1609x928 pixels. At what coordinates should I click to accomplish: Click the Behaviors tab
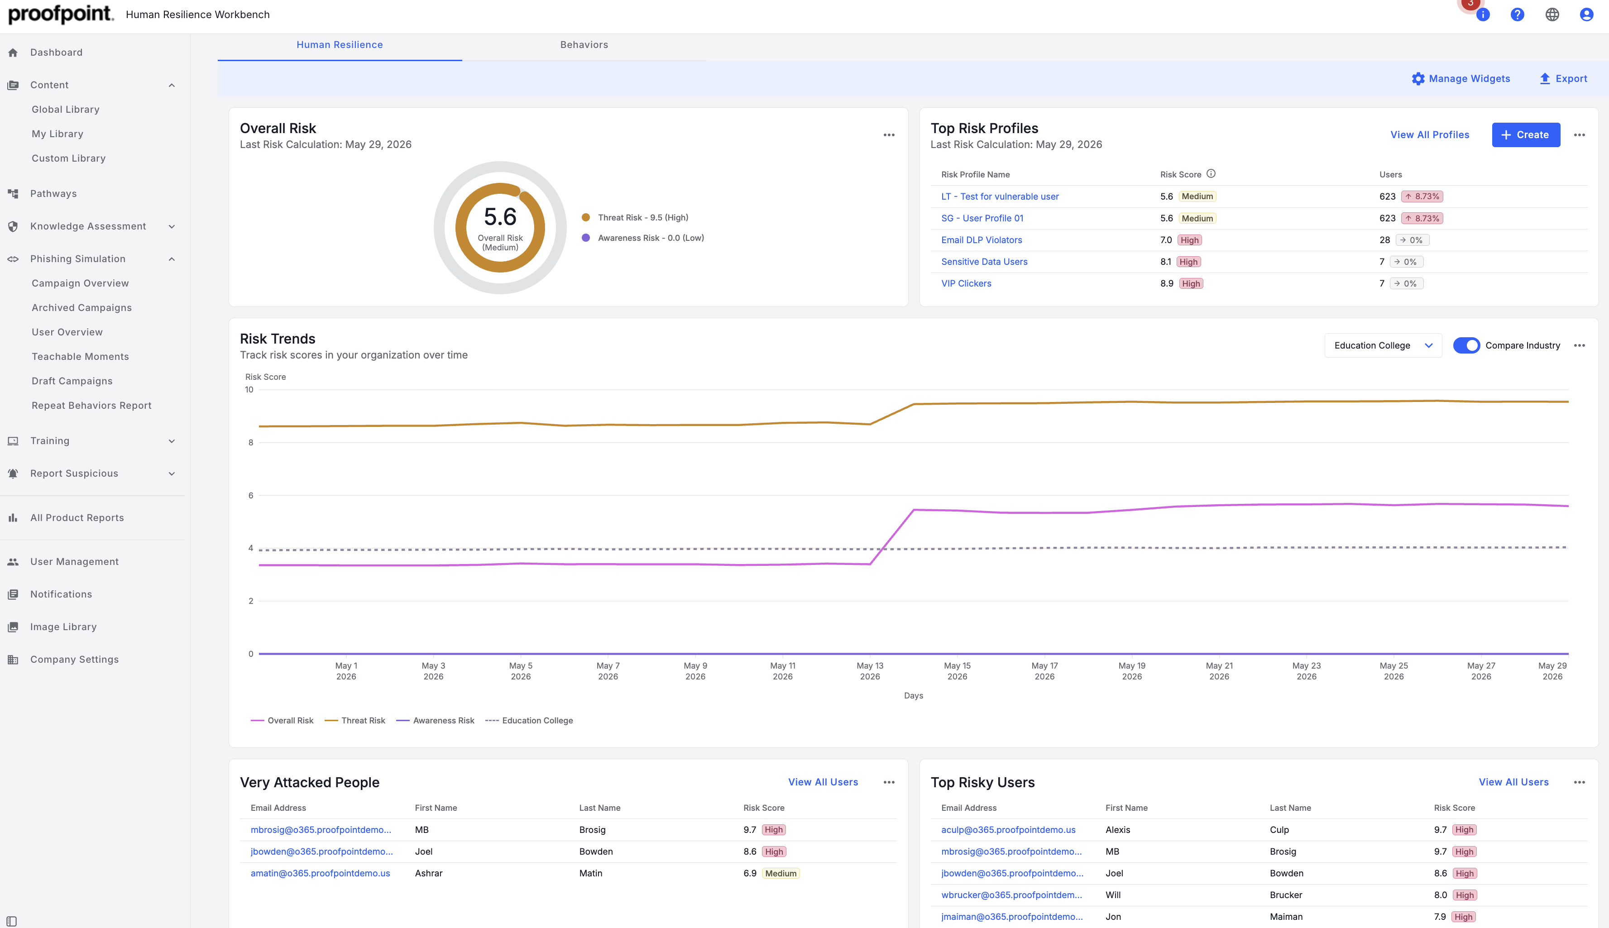(584, 45)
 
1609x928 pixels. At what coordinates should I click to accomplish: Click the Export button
(1563, 78)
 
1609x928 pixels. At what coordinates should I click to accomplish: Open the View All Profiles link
(1429, 134)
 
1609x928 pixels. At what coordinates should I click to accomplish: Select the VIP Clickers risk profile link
(966, 284)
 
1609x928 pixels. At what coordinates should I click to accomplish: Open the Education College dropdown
(1383, 345)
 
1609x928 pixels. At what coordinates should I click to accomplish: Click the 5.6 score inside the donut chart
(500, 217)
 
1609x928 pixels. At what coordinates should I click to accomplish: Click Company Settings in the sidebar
(75, 659)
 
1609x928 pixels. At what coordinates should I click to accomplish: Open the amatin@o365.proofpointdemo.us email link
(320, 873)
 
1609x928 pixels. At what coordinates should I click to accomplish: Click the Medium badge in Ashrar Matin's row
(781, 873)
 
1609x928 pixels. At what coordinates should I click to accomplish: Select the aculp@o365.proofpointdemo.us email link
(1008, 830)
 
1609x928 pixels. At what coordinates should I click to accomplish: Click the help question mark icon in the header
(1517, 14)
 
